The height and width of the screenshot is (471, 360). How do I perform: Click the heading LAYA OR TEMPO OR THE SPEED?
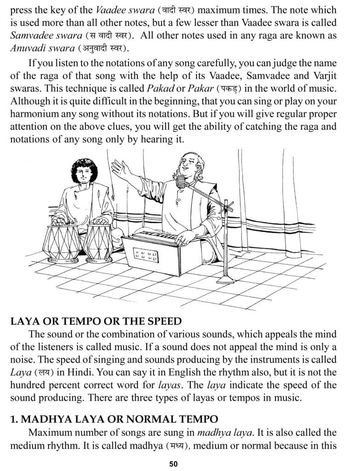(96, 322)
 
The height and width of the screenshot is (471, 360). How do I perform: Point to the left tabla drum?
(61, 241)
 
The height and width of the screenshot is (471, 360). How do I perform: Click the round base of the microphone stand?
(226, 279)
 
